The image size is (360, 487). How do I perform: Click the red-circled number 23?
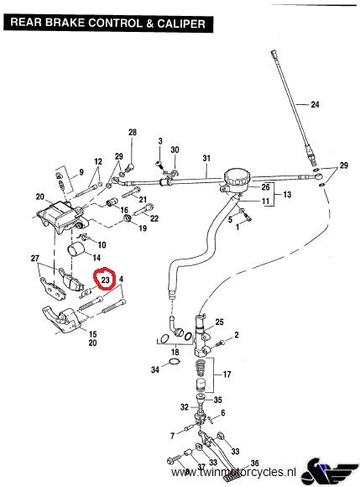point(106,280)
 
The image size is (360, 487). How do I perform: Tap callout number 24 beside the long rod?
point(315,104)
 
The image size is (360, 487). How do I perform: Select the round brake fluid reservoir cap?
point(237,178)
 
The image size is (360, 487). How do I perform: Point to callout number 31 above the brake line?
point(206,158)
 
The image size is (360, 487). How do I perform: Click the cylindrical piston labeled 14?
point(76,249)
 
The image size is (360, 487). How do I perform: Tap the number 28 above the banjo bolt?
point(133,133)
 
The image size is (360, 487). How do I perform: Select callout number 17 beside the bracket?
point(227,374)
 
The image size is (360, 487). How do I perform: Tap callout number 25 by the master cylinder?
point(219,322)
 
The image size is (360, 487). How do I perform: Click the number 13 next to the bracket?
point(287,195)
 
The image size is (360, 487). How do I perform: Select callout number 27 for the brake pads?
point(35,258)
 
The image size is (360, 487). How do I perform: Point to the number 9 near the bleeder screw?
point(81,172)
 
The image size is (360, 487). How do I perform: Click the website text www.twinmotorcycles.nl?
point(233,473)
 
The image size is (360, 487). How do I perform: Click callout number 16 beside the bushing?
point(124,210)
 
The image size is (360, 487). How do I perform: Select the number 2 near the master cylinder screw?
point(237,335)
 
